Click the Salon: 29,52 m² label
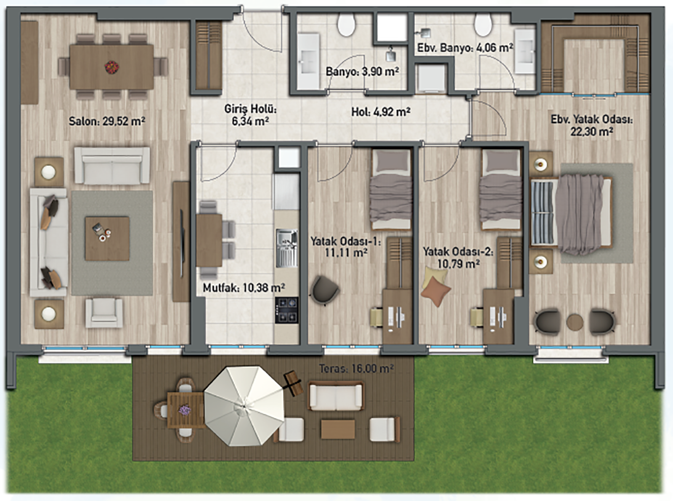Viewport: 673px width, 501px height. [107, 121]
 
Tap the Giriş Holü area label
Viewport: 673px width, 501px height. [250, 115]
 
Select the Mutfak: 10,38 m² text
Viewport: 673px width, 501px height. [244, 288]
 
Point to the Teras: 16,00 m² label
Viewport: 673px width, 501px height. [356, 369]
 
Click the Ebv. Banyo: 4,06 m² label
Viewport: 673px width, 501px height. [465, 48]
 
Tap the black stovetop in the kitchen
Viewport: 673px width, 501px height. [286, 310]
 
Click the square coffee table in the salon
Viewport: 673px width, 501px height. [107, 238]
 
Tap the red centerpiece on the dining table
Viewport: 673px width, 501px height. [111, 67]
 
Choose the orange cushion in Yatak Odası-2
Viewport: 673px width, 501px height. [435, 292]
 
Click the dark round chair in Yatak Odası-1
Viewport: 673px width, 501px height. [324, 290]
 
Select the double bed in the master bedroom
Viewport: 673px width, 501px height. [570, 211]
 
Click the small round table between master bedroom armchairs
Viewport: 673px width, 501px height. [575, 322]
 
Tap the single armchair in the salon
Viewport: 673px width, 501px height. [104, 313]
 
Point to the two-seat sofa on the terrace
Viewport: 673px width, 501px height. [336, 396]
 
